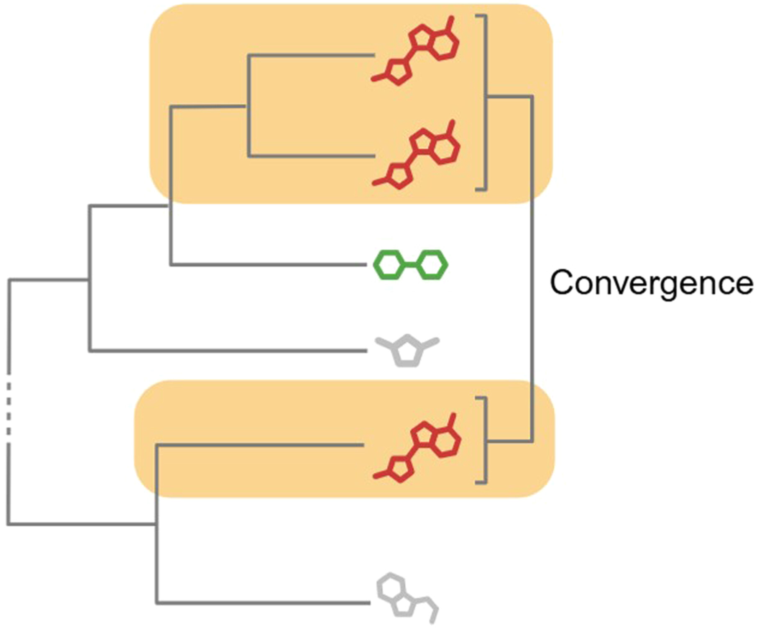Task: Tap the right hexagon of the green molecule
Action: [x=433, y=264]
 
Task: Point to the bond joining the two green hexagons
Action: [x=411, y=264]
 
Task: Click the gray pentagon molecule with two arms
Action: [x=407, y=351]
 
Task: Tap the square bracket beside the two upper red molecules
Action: [x=485, y=103]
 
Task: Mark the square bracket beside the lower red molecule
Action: [x=486, y=440]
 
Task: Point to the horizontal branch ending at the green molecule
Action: [x=268, y=264]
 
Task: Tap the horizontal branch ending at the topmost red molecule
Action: [x=312, y=55]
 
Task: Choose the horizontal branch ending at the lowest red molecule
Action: [x=259, y=445]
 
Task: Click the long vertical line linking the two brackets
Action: [x=532, y=268]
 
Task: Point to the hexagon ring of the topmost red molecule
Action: [x=444, y=44]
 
